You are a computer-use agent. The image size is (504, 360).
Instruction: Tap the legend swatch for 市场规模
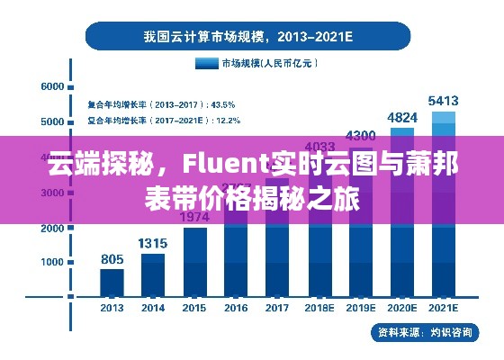[x=207, y=63]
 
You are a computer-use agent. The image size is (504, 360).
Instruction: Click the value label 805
[x=112, y=259]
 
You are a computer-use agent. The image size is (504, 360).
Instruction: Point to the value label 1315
[x=153, y=243]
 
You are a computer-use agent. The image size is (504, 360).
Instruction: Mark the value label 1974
[x=194, y=217]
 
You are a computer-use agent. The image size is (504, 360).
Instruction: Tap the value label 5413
[x=444, y=100]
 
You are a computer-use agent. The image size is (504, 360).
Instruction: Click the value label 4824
[x=402, y=117]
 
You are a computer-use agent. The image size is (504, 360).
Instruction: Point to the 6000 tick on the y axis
[x=52, y=87]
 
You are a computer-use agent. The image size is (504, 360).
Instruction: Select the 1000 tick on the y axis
[x=52, y=262]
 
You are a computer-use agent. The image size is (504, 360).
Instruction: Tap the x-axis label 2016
[x=236, y=309]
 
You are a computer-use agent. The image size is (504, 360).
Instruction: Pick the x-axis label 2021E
[x=444, y=309]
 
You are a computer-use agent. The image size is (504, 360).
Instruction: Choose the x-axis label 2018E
[x=319, y=309]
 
